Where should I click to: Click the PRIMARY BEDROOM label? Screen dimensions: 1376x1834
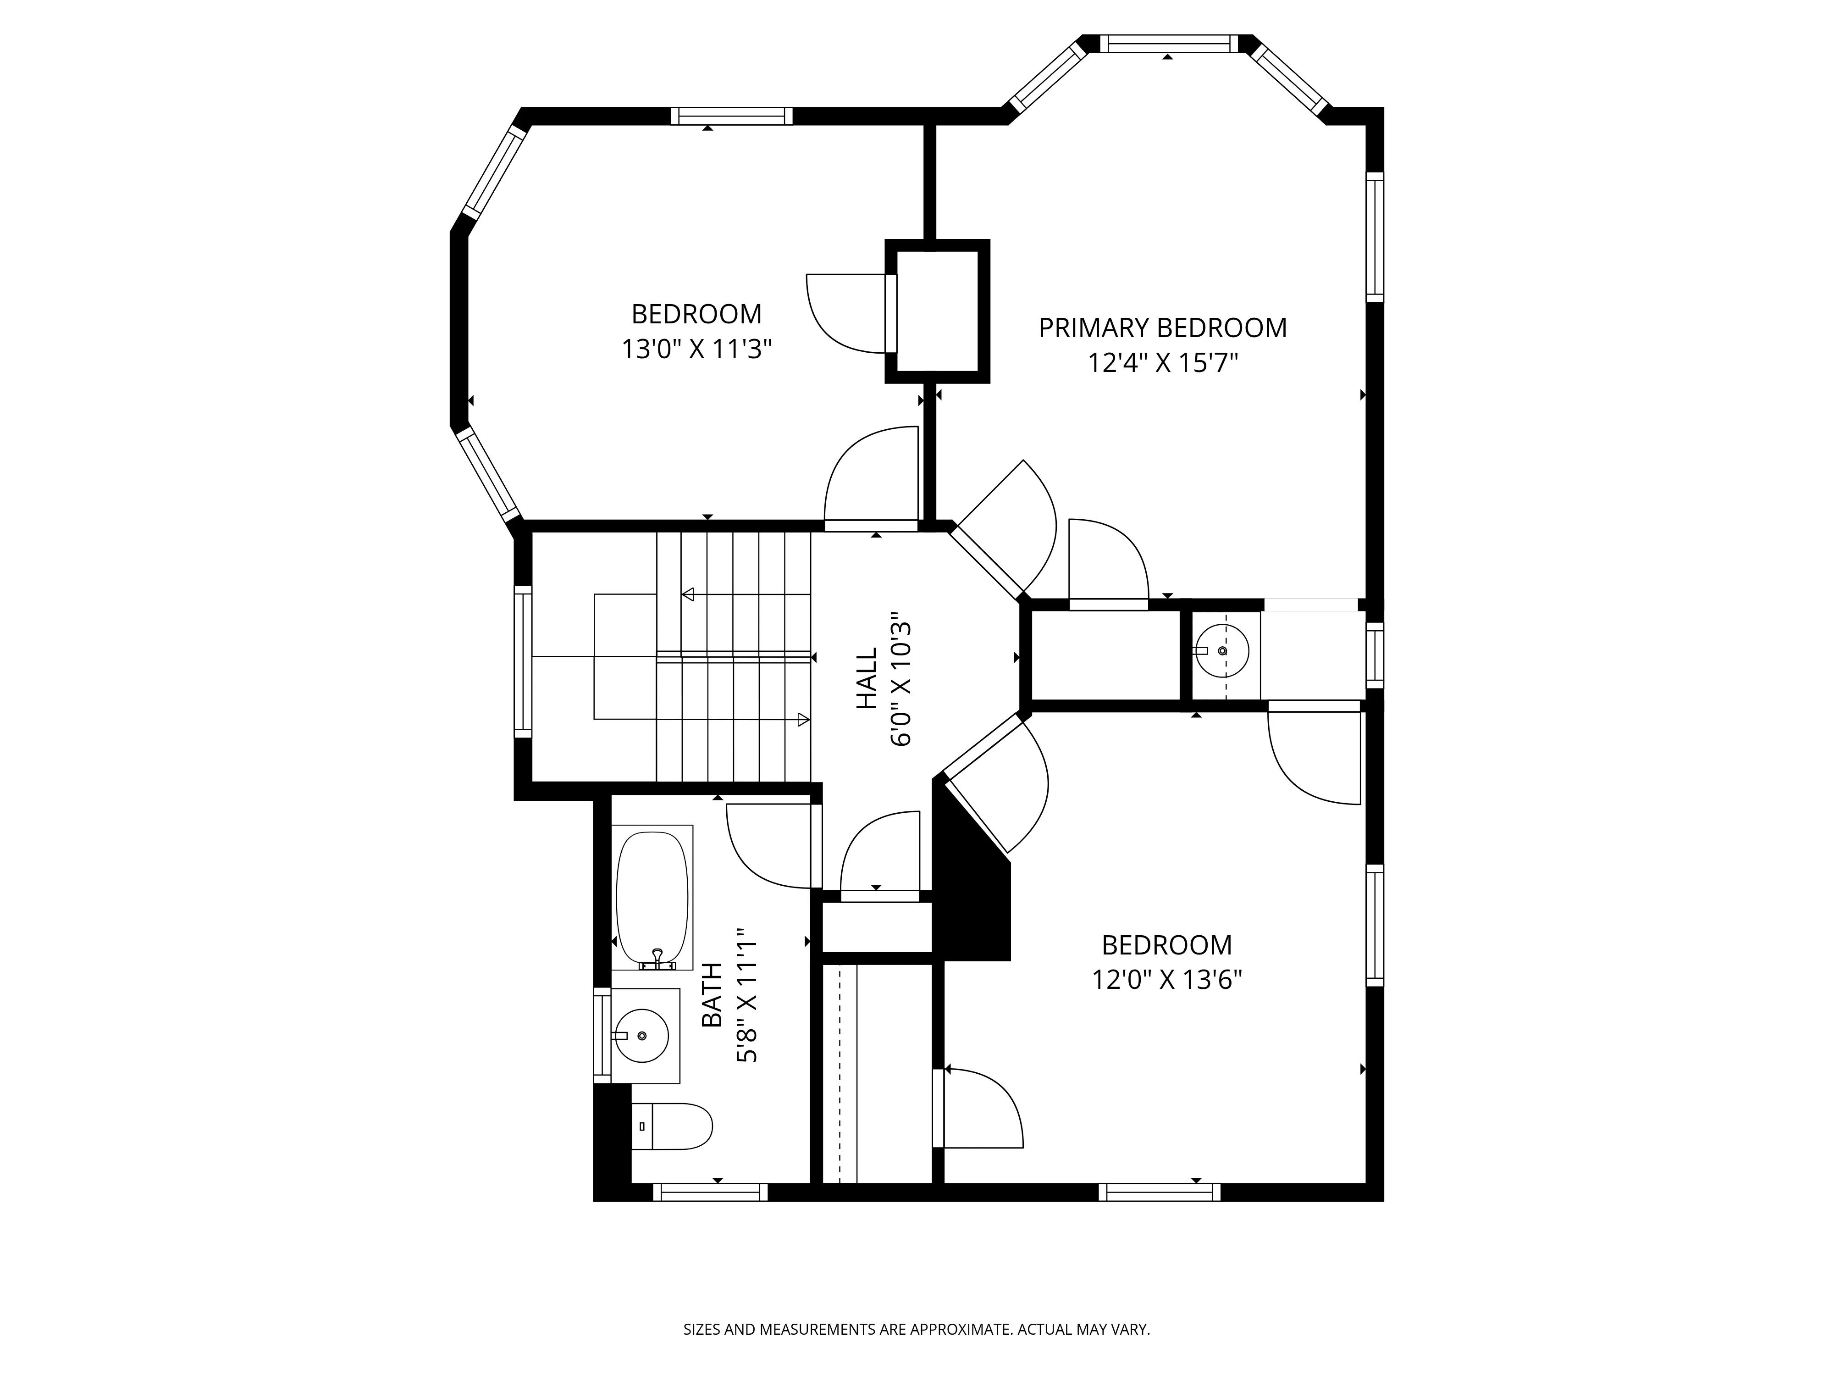click(1162, 328)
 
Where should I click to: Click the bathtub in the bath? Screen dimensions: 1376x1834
click(652, 898)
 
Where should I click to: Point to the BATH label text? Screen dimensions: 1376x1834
click(712, 995)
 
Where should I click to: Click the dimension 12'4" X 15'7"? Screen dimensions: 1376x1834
click(1162, 363)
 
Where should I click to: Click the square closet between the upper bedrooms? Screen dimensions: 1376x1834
click(938, 311)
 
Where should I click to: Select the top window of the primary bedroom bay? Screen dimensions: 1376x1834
click(1167, 44)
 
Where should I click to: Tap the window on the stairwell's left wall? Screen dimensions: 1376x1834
click(522, 661)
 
